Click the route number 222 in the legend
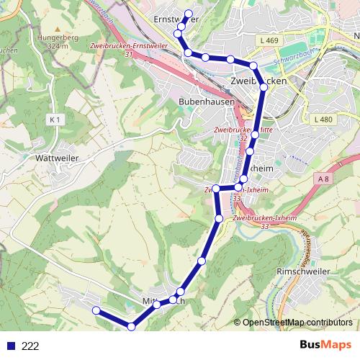(30, 346)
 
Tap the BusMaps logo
(324, 345)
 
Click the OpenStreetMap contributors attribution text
(297, 322)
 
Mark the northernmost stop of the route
(189, 14)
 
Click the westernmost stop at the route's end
(96, 310)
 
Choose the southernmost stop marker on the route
(131, 327)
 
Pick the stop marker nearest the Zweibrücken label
(263, 87)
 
